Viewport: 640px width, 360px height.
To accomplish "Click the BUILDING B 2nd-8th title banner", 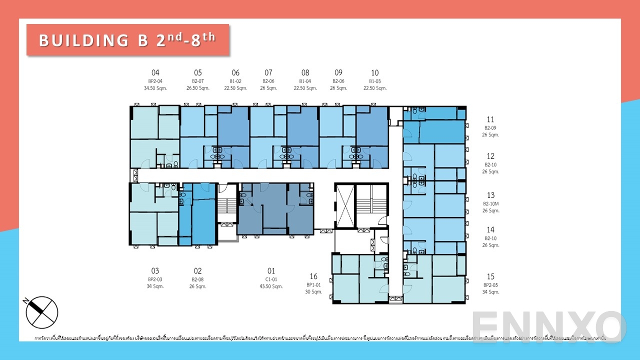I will click(127, 39).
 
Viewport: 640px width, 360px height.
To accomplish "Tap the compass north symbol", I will click(42, 312).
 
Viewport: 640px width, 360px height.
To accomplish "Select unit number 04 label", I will click(155, 73).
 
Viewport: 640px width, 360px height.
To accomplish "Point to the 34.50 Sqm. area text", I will click(155, 88).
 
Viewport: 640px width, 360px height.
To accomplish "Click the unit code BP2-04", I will click(155, 81).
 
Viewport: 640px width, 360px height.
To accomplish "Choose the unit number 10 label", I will click(375, 73).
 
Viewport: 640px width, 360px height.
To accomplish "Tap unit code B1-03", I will click(375, 81).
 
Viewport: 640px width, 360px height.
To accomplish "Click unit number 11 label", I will click(490, 119).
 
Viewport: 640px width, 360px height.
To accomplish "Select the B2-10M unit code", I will click(491, 203).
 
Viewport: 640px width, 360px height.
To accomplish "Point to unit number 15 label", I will click(490, 276).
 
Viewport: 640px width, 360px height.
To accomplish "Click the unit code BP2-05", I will click(491, 285).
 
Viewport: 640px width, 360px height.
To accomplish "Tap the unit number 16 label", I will click(313, 276).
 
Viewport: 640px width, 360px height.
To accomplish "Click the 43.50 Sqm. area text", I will click(271, 286).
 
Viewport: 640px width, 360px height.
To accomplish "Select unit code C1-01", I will click(271, 279).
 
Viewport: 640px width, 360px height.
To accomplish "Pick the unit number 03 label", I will click(155, 271).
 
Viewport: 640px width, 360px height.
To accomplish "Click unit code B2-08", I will click(197, 279).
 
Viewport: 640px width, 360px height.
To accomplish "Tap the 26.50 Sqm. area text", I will click(197, 88).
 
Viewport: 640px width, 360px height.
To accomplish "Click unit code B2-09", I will click(491, 128).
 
